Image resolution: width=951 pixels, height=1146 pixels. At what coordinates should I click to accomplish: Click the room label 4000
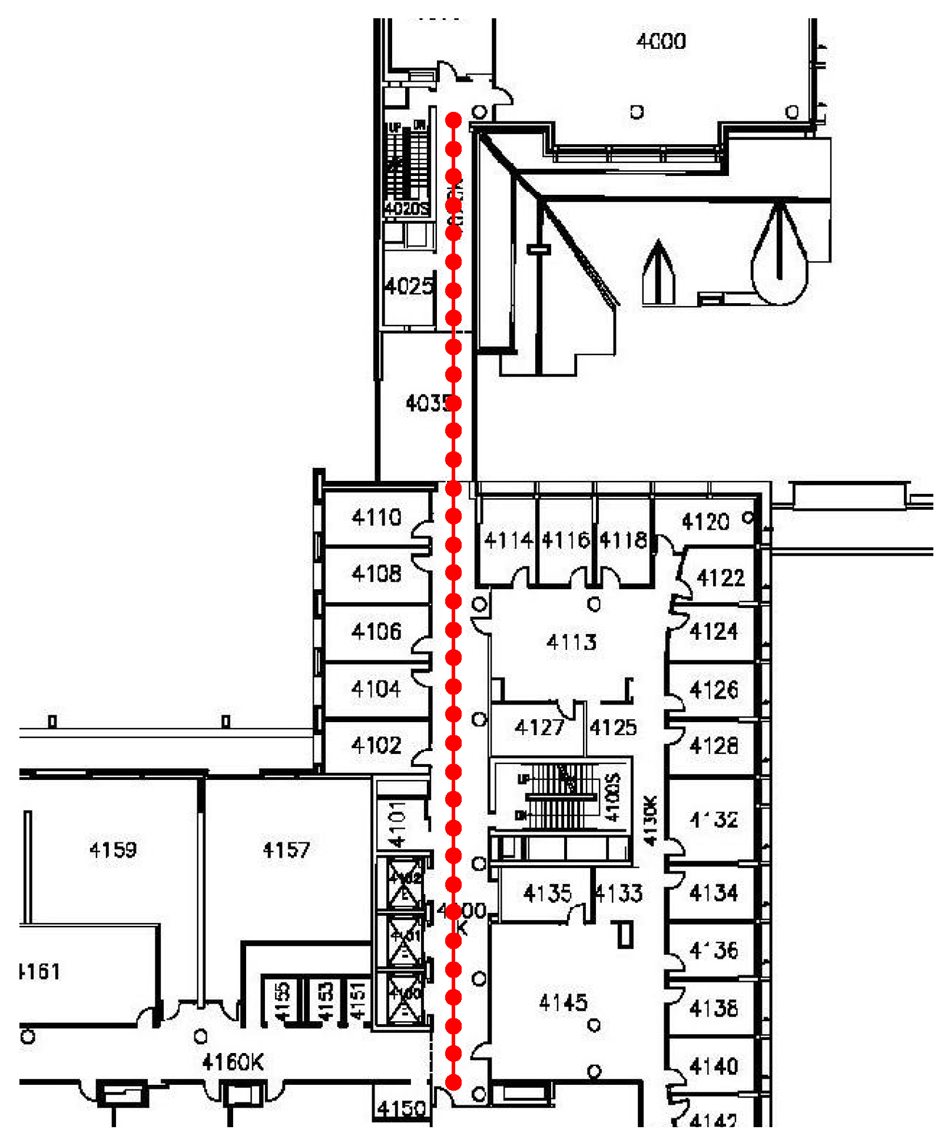click(661, 41)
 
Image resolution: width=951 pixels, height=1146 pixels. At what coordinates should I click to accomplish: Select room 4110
click(376, 517)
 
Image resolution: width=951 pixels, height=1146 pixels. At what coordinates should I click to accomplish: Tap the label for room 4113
click(571, 642)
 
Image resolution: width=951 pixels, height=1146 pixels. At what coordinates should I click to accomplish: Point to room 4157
click(286, 849)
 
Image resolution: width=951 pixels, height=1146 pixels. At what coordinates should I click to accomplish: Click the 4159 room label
click(113, 849)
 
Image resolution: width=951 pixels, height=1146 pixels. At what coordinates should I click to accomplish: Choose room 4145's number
click(564, 1002)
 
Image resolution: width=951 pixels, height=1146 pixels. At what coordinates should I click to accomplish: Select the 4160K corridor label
click(233, 1062)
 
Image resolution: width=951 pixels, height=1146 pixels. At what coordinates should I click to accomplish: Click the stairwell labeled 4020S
click(406, 208)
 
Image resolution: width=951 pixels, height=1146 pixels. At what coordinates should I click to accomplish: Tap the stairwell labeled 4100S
click(613, 798)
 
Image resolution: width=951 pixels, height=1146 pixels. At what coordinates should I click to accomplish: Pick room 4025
click(409, 287)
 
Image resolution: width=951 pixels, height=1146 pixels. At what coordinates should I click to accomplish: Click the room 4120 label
click(705, 521)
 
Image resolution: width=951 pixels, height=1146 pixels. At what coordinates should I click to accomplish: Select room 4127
click(539, 728)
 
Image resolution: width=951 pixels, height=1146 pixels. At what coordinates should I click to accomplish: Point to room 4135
click(547, 893)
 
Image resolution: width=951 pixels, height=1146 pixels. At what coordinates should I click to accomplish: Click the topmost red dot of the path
click(453, 121)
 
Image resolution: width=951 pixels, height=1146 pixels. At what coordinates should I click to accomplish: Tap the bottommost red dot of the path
click(453, 1082)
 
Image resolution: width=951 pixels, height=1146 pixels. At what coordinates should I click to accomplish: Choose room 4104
click(376, 689)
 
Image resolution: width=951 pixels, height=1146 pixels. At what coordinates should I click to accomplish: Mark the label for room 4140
click(713, 1066)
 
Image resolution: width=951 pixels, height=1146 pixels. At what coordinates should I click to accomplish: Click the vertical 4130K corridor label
click(650, 821)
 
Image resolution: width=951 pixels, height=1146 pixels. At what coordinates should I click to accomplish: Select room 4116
click(565, 540)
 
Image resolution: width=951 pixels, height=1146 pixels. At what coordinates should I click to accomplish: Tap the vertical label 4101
click(398, 823)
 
